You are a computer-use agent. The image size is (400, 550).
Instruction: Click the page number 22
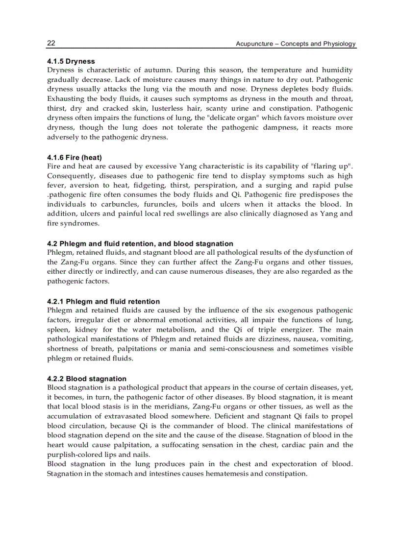point(51,43)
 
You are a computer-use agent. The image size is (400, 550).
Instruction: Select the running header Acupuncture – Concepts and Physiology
point(296,44)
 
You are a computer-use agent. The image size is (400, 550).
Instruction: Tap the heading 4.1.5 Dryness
point(71,61)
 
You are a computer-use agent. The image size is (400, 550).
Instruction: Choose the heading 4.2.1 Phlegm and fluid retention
point(103,301)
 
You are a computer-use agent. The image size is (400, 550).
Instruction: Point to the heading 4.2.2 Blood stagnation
point(87,379)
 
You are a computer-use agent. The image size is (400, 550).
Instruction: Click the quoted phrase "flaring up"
point(331,166)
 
